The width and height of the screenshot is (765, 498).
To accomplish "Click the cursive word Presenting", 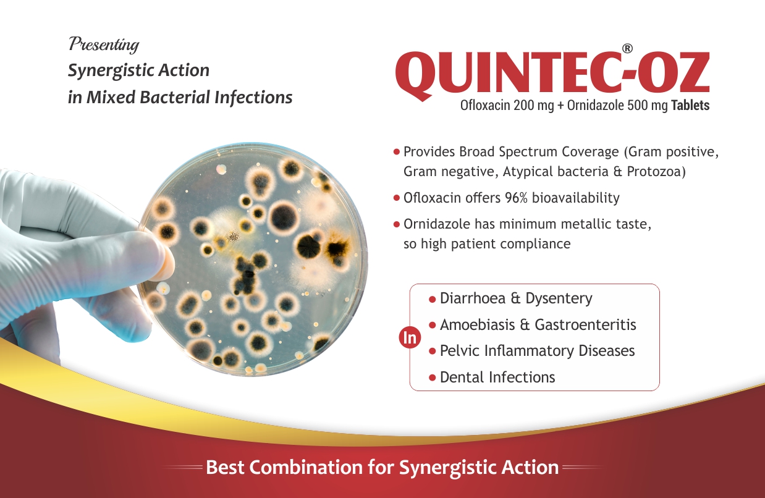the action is coord(104,44).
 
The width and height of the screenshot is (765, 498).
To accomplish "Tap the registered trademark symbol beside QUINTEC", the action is coord(627,48).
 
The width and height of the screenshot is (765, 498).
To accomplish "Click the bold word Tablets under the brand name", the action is coord(690,105).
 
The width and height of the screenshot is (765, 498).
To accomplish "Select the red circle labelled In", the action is coord(410,338).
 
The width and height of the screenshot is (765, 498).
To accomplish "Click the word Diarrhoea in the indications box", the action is coord(473,298).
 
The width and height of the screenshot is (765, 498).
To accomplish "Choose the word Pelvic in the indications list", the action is coord(459,351).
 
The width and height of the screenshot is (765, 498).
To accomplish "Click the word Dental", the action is coord(462,378).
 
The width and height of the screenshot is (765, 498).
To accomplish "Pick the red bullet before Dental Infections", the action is coord(433,378).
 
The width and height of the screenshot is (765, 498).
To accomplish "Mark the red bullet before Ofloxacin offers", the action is coord(397,198).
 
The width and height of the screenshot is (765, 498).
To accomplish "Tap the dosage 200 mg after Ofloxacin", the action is coord(533,105).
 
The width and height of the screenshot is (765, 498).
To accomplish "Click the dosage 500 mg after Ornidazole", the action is coord(647,105).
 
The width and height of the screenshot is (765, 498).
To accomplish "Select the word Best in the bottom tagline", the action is coord(225,467).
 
